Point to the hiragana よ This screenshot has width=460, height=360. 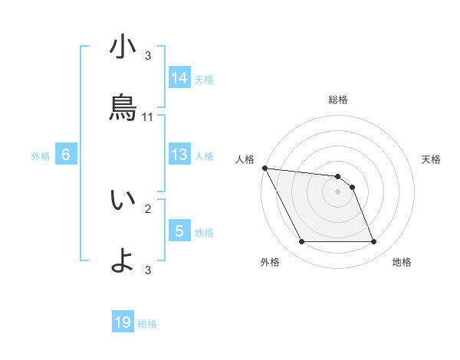point(123,260)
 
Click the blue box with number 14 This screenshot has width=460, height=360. point(179,77)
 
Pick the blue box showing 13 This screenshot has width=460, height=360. point(179,155)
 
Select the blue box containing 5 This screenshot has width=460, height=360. point(179,231)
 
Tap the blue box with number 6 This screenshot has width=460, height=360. point(66,155)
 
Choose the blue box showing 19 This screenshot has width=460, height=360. point(123,322)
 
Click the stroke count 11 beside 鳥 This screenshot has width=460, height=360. point(148,117)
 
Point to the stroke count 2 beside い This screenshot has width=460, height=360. point(148,208)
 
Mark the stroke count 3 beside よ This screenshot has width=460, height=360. point(148,269)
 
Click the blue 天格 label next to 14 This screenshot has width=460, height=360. point(204,79)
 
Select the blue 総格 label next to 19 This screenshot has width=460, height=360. point(147,324)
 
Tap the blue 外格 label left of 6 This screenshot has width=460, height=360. point(41,156)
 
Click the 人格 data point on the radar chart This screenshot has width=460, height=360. point(264,168)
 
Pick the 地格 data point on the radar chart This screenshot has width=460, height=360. point(373,242)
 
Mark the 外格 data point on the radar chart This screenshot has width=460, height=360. point(301,242)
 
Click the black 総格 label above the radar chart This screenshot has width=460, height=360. point(338,100)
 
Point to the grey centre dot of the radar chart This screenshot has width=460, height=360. point(337,191)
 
